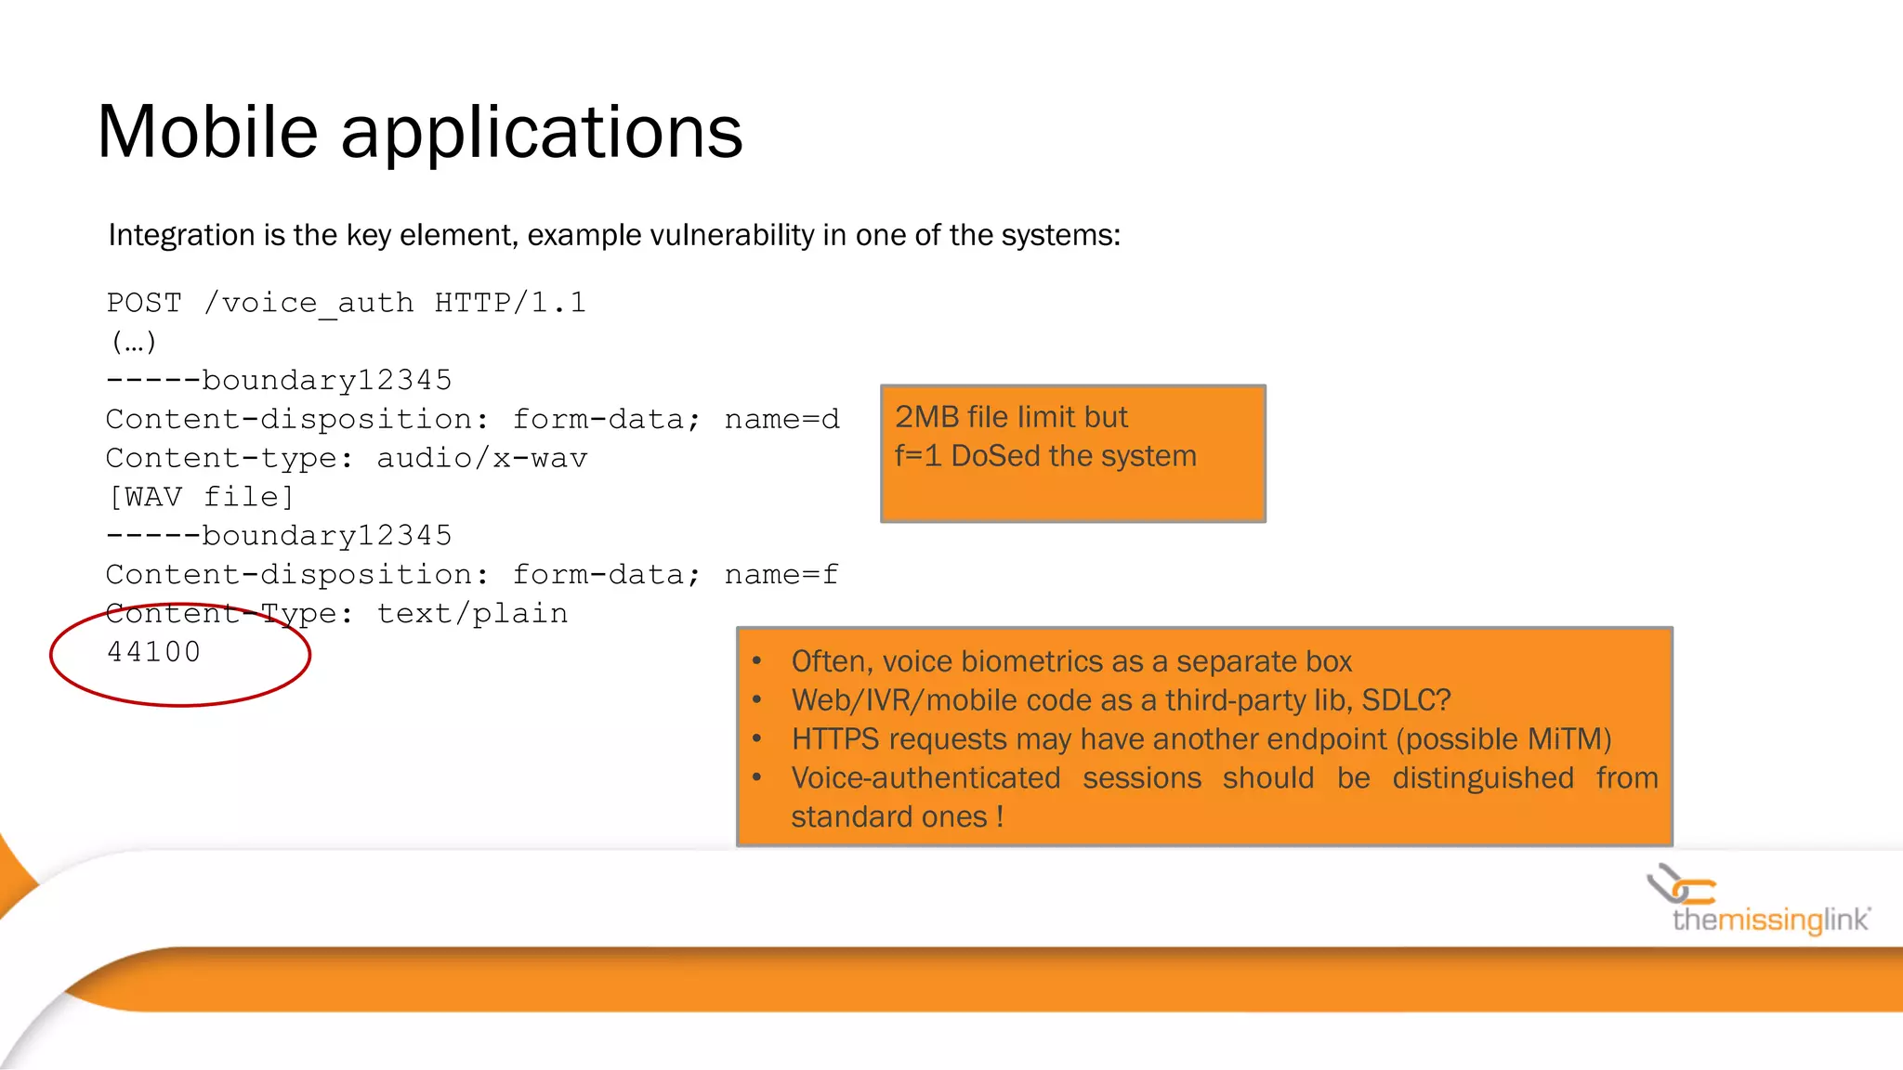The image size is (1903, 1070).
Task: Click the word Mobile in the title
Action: pyautogui.click(x=207, y=132)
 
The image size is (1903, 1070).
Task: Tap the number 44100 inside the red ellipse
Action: pyautogui.click(x=153, y=652)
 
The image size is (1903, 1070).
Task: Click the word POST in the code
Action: pyautogui.click(x=144, y=303)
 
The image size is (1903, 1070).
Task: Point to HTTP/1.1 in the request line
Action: pyautogui.click(x=510, y=303)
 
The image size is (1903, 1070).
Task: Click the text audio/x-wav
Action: pyautogui.click(x=481, y=458)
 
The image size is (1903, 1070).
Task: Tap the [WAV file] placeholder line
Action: pyautogui.click(x=201, y=497)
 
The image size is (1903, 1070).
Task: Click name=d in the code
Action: pyautogui.click(x=781, y=419)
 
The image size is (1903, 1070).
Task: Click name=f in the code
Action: pyautogui.click(x=781, y=575)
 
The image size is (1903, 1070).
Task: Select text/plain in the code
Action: pyautogui.click(x=472, y=614)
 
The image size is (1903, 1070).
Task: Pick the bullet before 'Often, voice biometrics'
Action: pyautogui.click(x=757, y=661)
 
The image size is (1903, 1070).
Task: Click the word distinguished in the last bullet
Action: pyautogui.click(x=1483, y=778)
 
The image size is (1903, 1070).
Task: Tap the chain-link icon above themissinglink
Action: pyautogui.click(x=1681, y=884)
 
